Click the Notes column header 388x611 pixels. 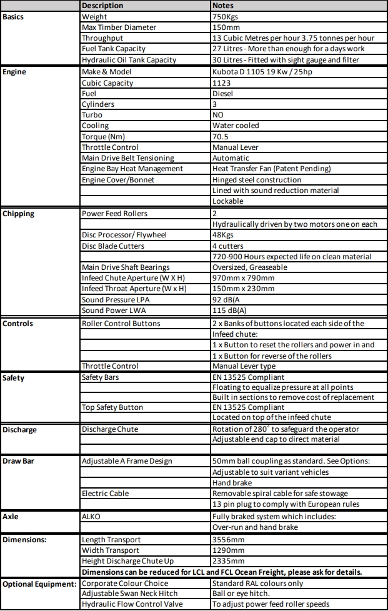224,6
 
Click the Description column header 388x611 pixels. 102,6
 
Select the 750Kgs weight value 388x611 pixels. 224,16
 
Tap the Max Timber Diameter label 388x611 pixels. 119,27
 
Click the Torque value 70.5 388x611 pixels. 221,136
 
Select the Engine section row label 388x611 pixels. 14,71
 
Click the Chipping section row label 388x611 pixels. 18,214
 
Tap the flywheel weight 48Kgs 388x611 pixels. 223,235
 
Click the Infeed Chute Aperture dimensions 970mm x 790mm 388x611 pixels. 243,278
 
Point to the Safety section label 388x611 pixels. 14,377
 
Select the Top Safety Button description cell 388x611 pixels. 112,407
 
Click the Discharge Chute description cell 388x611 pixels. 110,429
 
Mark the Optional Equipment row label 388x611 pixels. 39,584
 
